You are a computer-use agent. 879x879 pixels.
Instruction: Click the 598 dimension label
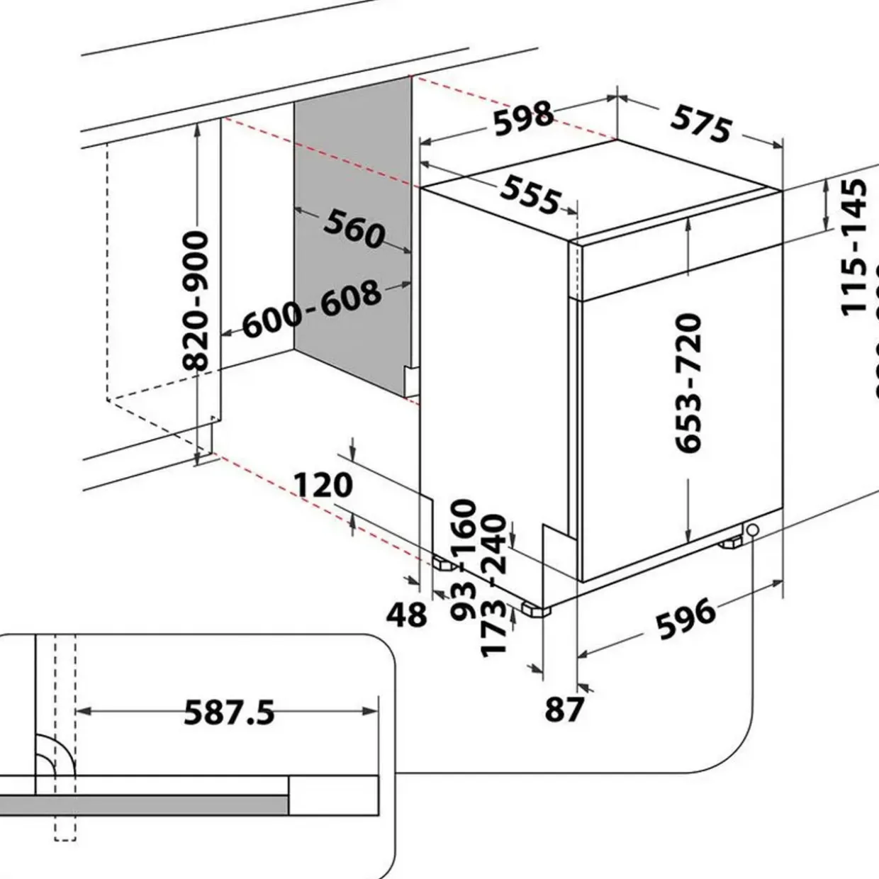[523, 118]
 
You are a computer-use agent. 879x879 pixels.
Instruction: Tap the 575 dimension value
[700, 125]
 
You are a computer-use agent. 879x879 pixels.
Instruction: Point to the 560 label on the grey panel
[354, 228]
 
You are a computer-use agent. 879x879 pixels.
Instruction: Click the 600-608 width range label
[312, 310]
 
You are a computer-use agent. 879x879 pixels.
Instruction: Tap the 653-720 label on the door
[688, 383]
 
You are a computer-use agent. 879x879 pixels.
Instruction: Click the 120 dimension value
[323, 486]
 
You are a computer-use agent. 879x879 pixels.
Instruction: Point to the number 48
[407, 615]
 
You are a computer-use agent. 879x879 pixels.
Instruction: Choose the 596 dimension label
[685, 618]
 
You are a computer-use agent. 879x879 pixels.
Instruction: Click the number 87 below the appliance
[564, 709]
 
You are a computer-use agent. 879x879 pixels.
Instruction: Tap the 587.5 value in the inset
[229, 712]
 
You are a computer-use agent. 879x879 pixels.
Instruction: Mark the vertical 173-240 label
[493, 586]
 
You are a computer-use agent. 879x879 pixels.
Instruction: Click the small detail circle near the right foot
[751, 530]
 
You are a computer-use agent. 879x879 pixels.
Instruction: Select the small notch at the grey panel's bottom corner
[410, 381]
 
